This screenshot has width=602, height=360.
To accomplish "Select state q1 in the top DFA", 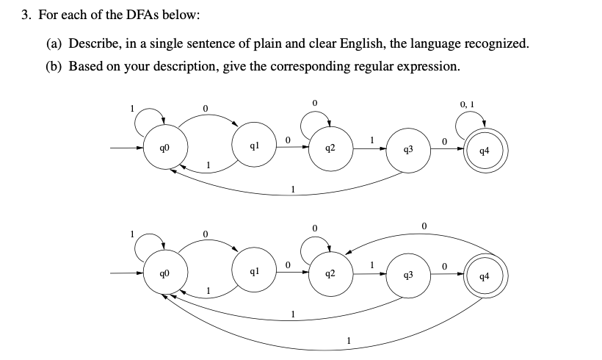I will pyautogui.click(x=251, y=146).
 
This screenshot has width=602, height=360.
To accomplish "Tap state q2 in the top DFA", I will pyautogui.click(x=331, y=148).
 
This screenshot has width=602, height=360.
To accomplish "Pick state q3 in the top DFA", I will pyautogui.click(x=408, y=151).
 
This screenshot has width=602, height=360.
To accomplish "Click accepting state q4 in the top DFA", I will pyautogui.click(x=483, y=152).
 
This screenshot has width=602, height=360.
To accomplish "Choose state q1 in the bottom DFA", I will pyautogui.click(x=251, y=271).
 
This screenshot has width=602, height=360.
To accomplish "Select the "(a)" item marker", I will pyautogui.click(x=54, y=43).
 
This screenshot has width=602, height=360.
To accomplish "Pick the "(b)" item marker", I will pyautogui.click(x=54, y=66).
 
